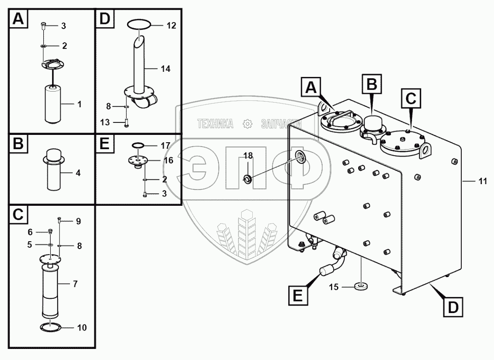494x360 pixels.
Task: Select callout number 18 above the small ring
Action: (x=248, y=156)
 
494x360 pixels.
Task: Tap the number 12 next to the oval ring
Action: (x=171, y=26)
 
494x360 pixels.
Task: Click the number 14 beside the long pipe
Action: (x=166, y=69)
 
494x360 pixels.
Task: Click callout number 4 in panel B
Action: (x=78, y=174)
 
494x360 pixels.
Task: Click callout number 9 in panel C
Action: (x=78, y=221)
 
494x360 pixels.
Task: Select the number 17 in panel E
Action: (x=166, y=145)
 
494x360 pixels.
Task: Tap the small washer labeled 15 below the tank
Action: (x=361, y=287)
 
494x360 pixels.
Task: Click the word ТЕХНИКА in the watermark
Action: (x=215, y=123)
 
